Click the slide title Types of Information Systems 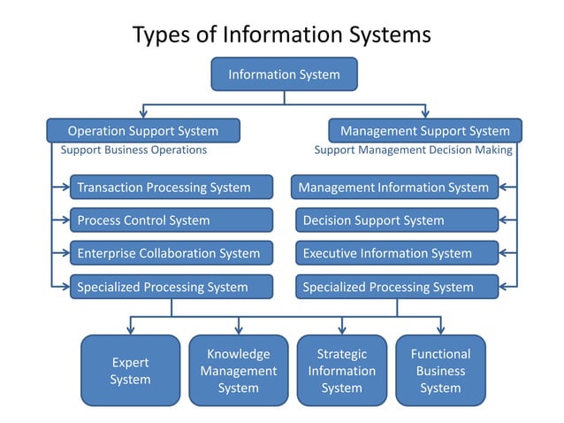[282, 35]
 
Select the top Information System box [284, 74]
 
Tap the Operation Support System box [143, 131]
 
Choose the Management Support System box [425, 131]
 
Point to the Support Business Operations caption [133, 150]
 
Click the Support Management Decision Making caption [413, 150]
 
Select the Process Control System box [171, 220]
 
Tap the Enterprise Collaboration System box [171, 253]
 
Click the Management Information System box [395, 187]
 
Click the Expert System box [130, 371]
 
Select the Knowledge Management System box [239, 371]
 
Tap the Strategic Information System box [341, 371]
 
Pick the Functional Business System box [440, 371]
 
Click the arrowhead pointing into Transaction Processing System [65, 187]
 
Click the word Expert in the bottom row [130, 362]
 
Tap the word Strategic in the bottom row [341, 354]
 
